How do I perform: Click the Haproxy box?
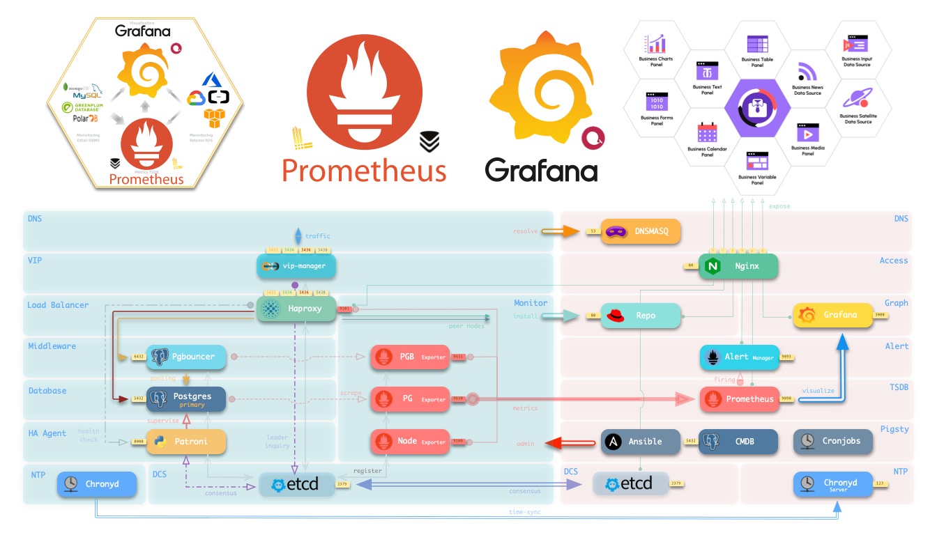click(x=297, y=308)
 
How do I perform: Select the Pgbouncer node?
click(x=186, y=357)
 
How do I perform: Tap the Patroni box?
click(x=186, y=442)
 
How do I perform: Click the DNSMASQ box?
click(x=641, y=231)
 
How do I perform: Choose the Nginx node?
click(x=738, y=266)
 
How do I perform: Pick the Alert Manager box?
click(x=738, y=357)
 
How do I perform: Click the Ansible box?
click(x=641, y=441)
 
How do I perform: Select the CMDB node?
click(x=738, y=441)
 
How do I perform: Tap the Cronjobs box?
click(x=833, y=441)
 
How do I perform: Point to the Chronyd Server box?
click(x=833, y=483)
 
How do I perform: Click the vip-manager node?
click(x=296, y=266)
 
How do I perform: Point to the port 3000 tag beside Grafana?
click(x=880, y=316)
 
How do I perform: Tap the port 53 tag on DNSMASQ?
click(x=593, y=231)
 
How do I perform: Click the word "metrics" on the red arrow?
click(x=525, y=408)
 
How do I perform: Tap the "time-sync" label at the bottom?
click(x=525, y=512)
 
